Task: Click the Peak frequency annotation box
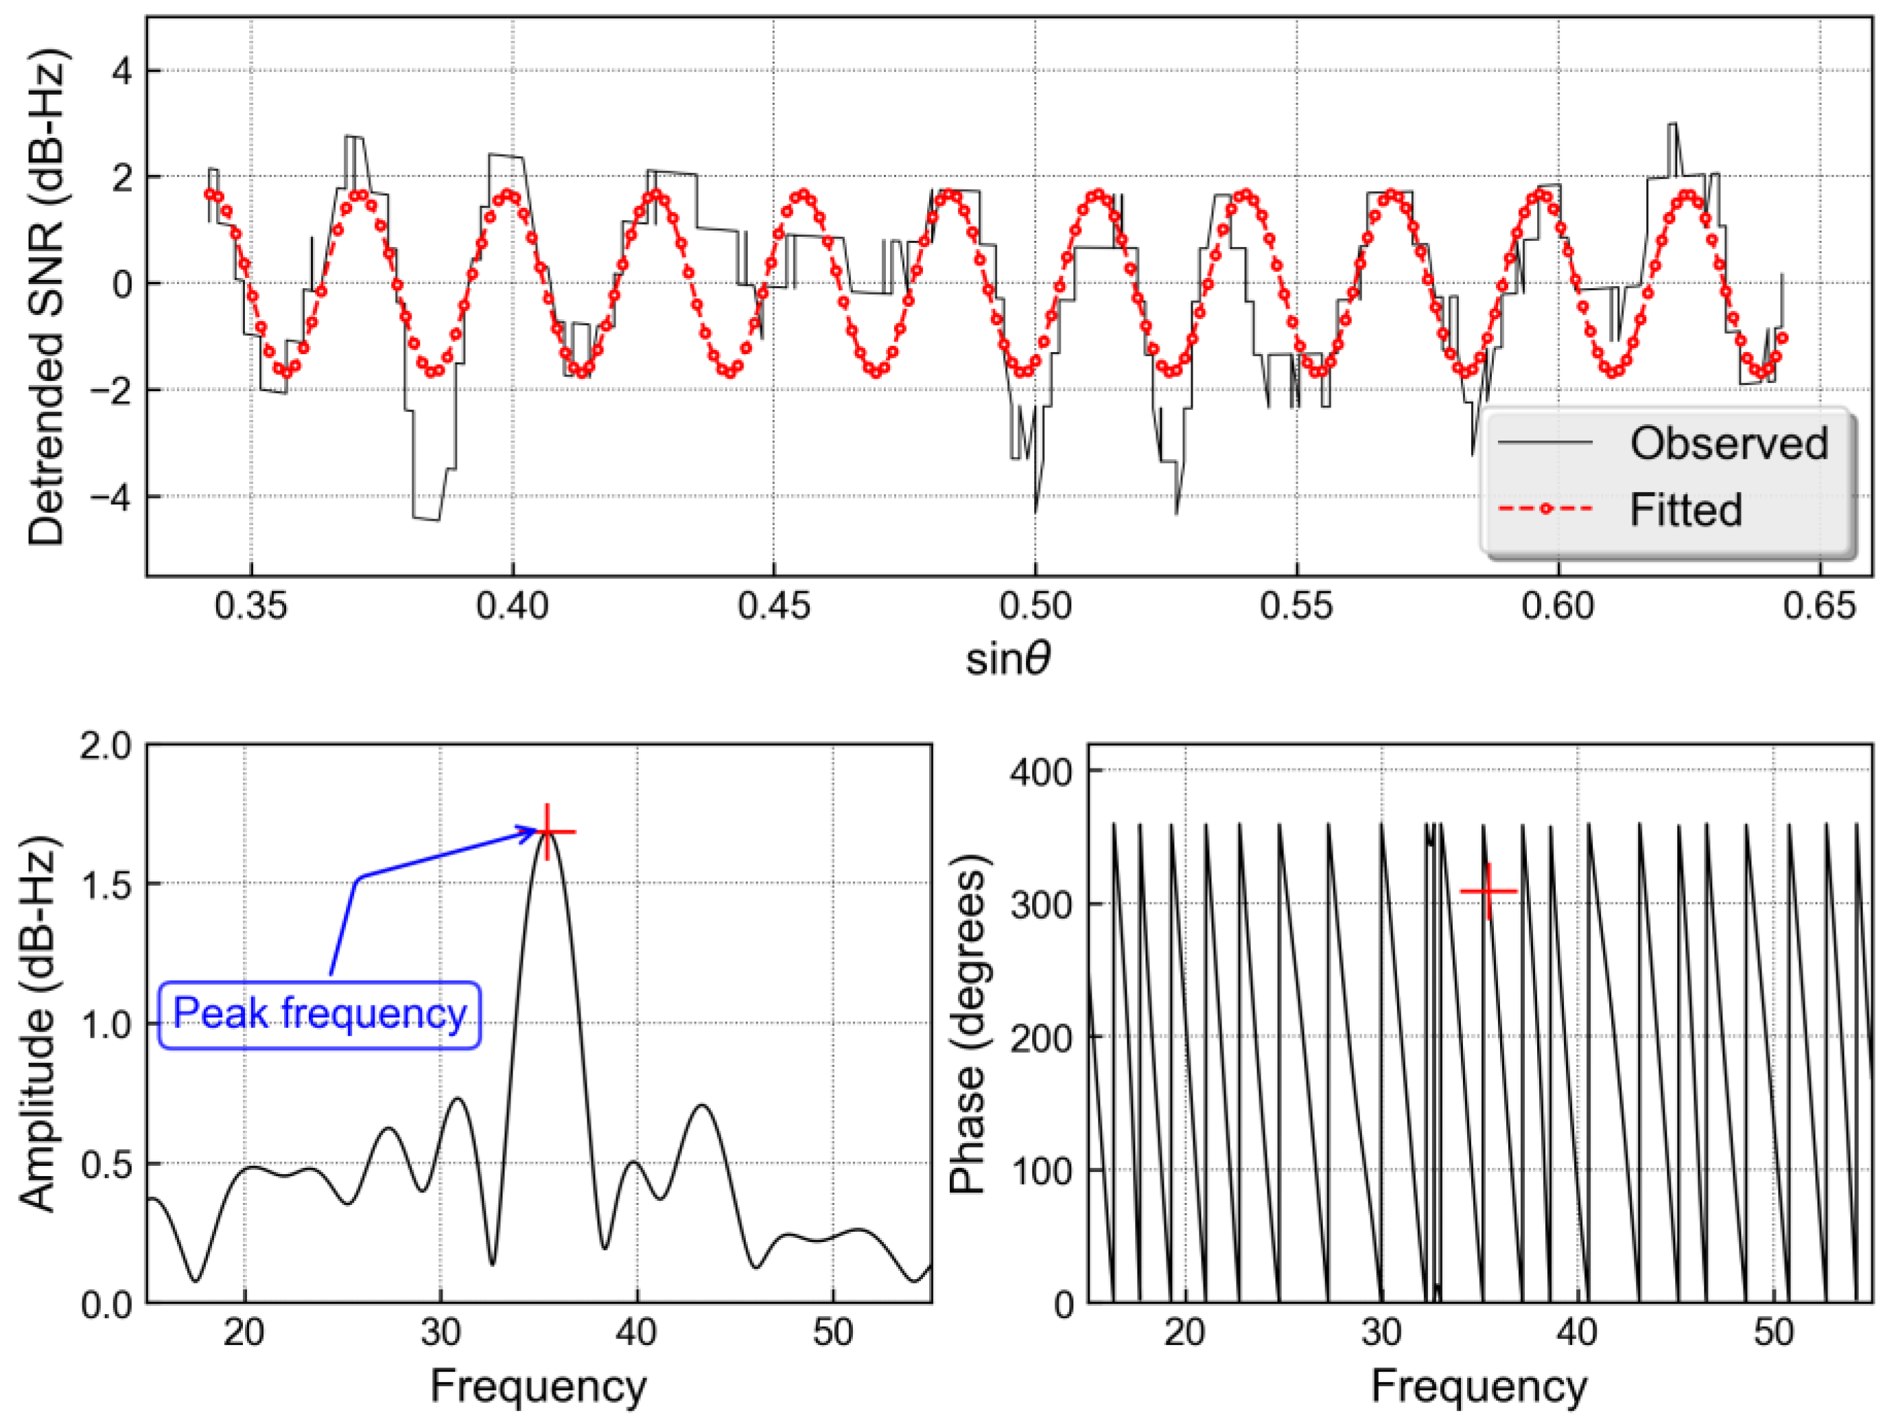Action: pyautogui.click(x=320, y=1014)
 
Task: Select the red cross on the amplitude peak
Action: pyautogui.click(x=547, y=832)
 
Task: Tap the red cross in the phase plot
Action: pyautogui.click(x=1489, y=891)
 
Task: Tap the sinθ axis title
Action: pyautogui.click(x=1009, y=660)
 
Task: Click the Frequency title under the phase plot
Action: pyautogui.click(x=1479, y=1387)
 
